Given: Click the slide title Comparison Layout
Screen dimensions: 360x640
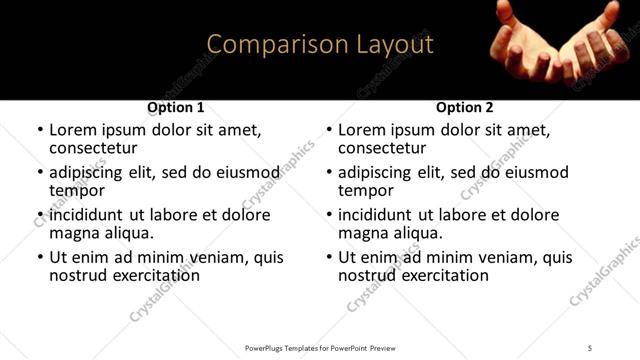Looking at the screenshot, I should tap(320, 45).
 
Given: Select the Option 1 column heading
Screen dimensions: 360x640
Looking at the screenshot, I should tap(176, 107).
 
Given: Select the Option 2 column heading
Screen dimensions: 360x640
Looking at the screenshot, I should tap(465, 107).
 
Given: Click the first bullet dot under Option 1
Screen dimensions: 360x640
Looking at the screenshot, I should tap(40, 131).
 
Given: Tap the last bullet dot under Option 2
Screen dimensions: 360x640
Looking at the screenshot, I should tap(329, 257).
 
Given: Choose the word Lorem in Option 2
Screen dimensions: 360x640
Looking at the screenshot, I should tap(361, 130).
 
